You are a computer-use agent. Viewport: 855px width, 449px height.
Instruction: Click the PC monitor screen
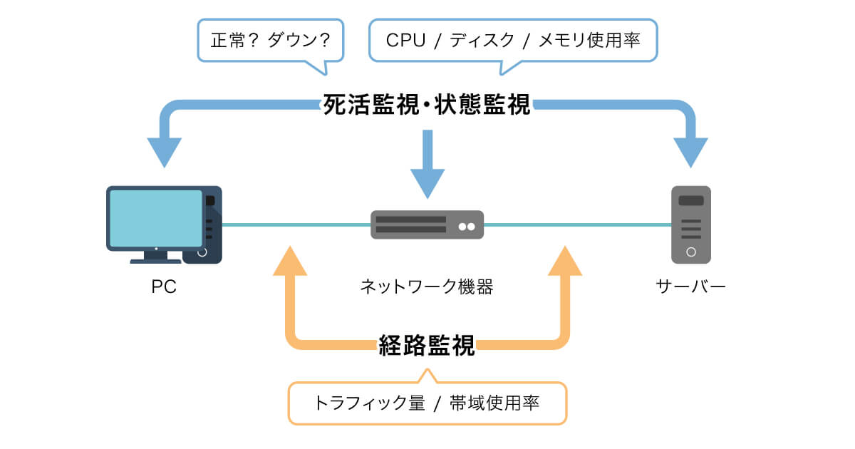[x=156, y=217]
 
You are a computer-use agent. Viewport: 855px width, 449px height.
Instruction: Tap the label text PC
[x=164, y=287]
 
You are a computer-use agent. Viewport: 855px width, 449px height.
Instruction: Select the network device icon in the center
[x=427, y=224]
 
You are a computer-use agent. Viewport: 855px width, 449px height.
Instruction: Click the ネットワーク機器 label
[x=427, y=287]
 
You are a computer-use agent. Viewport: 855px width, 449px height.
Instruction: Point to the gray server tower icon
[x=691, y=224]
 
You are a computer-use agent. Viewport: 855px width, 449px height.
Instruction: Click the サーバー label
[x=690, y=287]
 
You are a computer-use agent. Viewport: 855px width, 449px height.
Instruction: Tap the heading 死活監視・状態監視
[x=427, y=105]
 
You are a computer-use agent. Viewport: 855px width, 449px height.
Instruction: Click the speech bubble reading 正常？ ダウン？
[x=270, y=41]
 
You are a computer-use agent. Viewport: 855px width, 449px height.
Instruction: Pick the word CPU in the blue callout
[x=405, y=41]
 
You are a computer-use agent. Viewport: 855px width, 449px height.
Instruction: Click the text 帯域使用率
[x=494, y=403]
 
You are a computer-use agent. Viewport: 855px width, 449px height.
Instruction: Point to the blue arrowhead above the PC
[x=165, y=151]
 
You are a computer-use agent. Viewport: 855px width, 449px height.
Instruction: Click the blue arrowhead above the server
[x=690, y=151]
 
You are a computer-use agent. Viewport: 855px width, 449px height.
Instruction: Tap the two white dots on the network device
[x=467, y=227]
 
